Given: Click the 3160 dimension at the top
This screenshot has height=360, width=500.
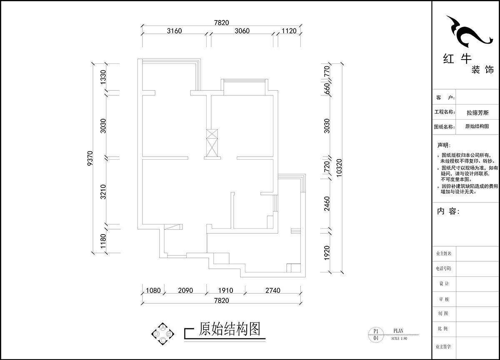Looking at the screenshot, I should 174,31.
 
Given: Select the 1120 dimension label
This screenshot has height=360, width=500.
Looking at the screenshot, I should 289,31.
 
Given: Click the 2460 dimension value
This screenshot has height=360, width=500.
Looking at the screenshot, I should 327,203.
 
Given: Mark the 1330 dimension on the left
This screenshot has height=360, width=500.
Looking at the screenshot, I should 104,77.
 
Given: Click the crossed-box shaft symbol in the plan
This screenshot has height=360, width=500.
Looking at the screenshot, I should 212,142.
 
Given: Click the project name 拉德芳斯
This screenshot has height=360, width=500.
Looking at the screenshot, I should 477,112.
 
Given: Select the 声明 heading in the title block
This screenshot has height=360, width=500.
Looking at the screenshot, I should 443,145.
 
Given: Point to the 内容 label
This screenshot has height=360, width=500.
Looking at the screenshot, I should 448,212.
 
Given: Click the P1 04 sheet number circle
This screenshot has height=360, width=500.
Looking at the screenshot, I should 376,335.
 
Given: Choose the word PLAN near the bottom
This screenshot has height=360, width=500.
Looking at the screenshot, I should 398,331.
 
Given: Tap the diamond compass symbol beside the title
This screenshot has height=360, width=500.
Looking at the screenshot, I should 163,334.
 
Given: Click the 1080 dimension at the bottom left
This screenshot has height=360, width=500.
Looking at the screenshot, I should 152,290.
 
